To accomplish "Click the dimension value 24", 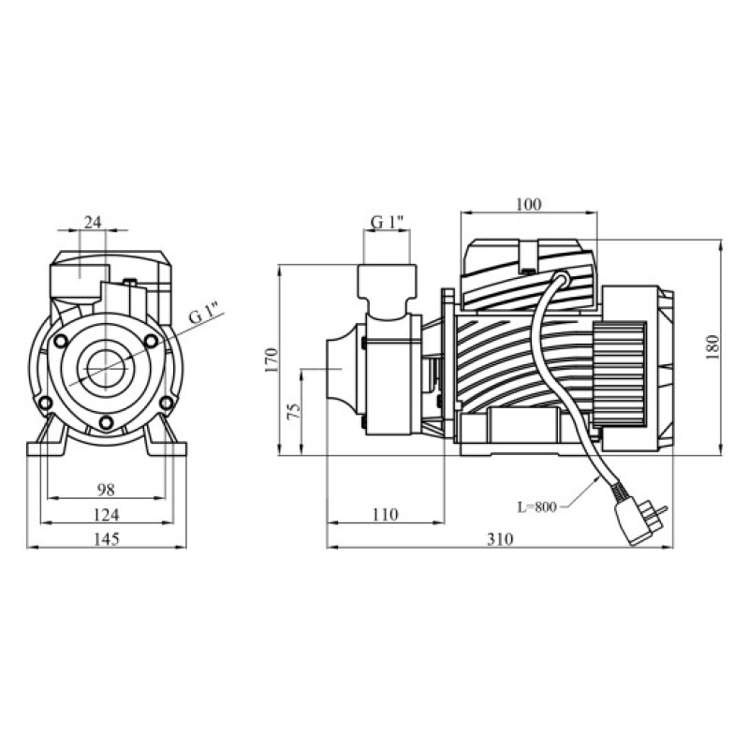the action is [x=93, y=222].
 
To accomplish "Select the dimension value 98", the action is [x=106, y=490].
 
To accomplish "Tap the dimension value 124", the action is [x=106, y=515].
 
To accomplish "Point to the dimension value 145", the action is [x=106, y=539].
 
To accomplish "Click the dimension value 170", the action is [x=271, y=360].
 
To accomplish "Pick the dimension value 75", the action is [x=294, y=411].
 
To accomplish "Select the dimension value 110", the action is [x=385, y=514].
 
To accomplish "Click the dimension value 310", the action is [x=500, y=539].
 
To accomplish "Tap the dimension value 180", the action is [x=712, y=347].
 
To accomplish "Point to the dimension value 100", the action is [x=529, y=204].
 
